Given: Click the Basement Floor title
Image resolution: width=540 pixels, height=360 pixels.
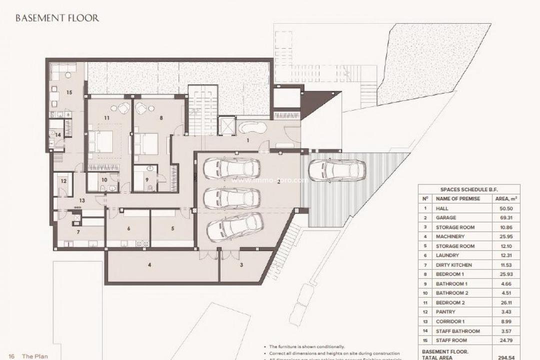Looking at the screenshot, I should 57,18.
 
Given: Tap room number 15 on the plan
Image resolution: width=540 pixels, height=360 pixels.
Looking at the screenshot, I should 69,92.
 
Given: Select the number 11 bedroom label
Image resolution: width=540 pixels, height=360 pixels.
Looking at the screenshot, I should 106,117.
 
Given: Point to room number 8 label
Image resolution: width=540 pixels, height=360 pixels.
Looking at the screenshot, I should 161,118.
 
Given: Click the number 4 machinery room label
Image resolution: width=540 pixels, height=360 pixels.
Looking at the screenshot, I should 149,265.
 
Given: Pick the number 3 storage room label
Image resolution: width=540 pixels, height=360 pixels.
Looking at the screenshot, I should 241,265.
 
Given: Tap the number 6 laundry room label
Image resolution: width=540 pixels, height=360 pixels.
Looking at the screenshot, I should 128,228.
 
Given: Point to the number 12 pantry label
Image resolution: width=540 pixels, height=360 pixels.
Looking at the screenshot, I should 63,181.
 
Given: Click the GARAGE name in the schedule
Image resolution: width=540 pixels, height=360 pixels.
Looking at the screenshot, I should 446,218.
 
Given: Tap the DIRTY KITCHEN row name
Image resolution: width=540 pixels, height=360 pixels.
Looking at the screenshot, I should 453,265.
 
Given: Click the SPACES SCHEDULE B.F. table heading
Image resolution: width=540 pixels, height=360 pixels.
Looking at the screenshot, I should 468,190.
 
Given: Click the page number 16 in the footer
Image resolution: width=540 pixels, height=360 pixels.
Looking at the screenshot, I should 11,356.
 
